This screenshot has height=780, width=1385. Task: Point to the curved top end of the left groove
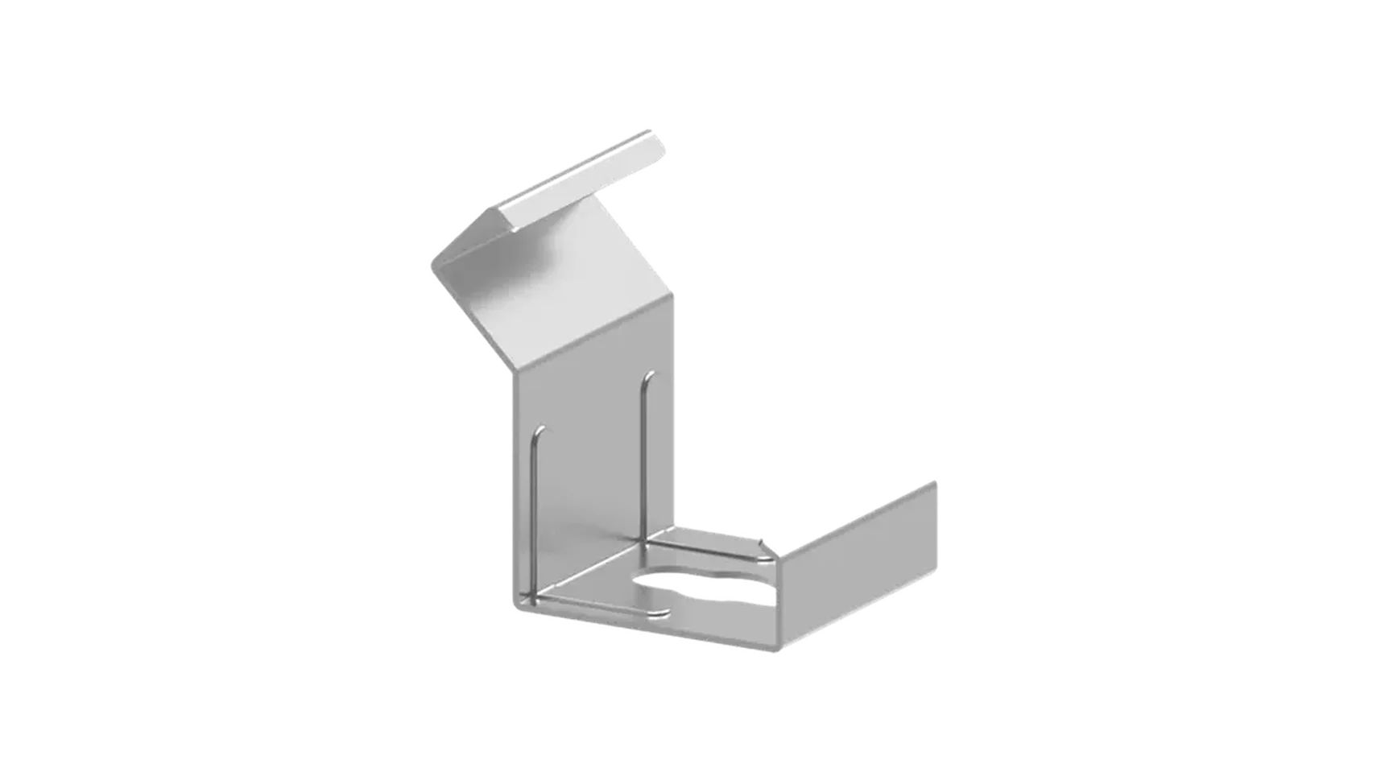pyautogui.click(x=540, y=431)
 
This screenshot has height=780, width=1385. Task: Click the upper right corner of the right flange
pyautogui.click(x=937, y=481)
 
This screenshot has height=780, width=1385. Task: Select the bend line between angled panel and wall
pyautogui.click(x=596, y=338)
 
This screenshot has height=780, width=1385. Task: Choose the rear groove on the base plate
pyautogui.click(x=701, y=549)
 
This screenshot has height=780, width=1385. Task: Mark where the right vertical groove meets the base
pyautogui.click(x=643, y=541)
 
